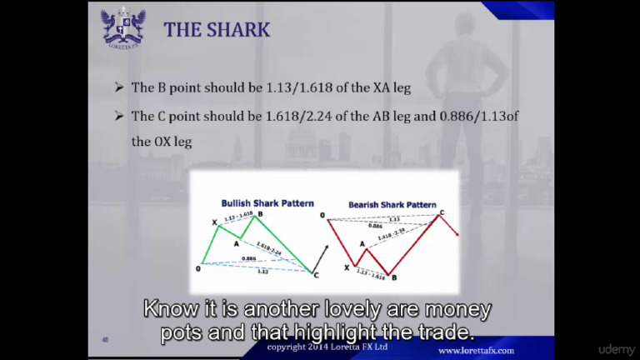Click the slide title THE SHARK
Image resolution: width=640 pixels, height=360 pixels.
[x=217, y=30]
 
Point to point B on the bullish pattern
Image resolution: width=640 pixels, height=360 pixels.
[x=260, y=215]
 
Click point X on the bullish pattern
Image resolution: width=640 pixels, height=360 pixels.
[x=214, y=222]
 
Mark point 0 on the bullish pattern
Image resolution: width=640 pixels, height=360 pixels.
[x=198, y=267]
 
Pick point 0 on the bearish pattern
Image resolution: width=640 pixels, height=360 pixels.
[x=322, y=216]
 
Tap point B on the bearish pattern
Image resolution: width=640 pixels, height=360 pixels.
[x=393, y=277]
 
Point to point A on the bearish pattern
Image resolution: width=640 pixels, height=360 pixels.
[x=362, y=243]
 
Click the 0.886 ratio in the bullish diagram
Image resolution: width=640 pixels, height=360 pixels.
[x=248, y=258]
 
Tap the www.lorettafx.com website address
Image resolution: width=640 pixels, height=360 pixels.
[x=476, y=351]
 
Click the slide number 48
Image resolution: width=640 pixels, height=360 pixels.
[x=105, y=339]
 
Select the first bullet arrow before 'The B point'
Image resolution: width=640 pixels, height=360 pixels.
[x=119, y=87]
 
